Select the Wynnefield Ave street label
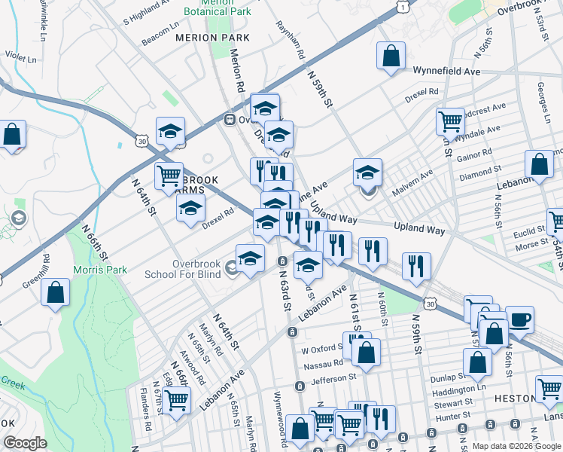point(446,71)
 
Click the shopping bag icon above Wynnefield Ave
point(391,56)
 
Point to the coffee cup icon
point(519,319)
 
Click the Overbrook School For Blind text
point(186,269)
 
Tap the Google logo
point(25,443)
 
